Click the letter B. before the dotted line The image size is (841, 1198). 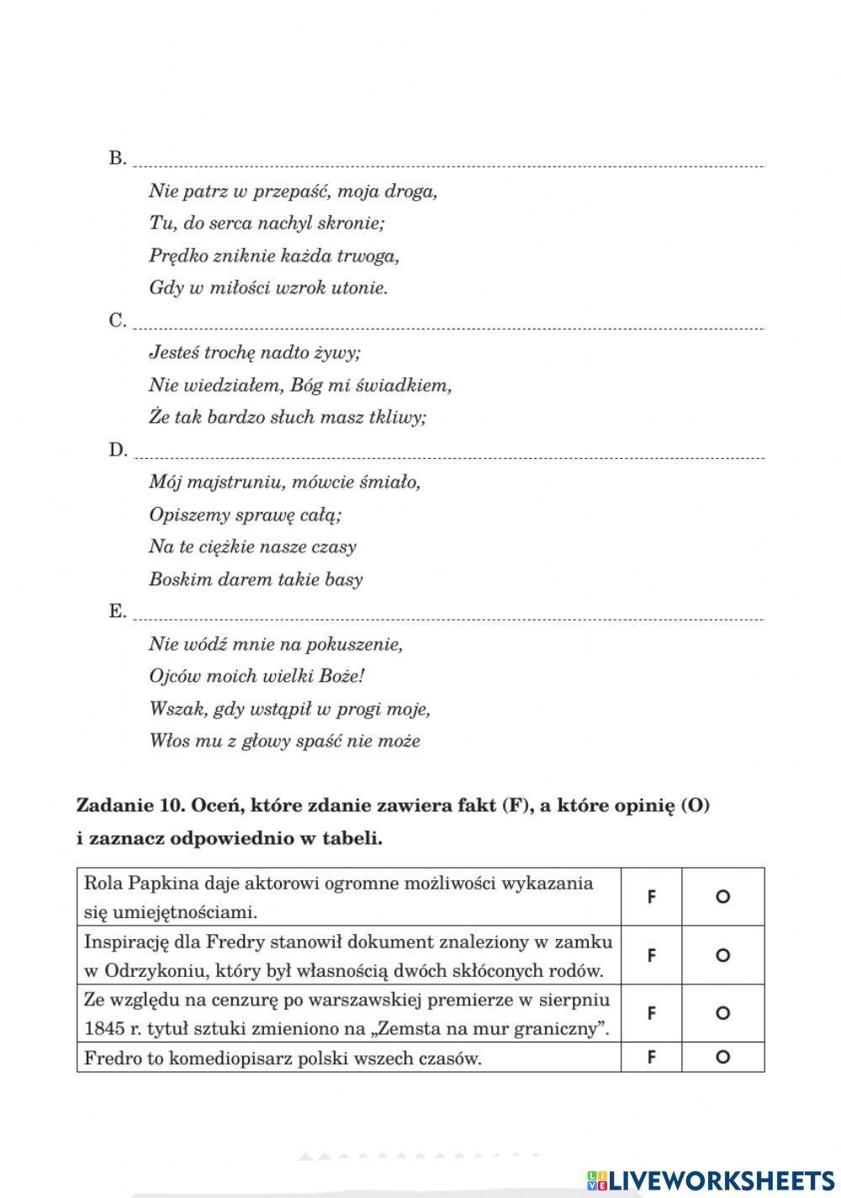pos(118,158)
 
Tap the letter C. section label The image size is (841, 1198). pos(118,320)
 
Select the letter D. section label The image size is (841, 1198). pos(118,450)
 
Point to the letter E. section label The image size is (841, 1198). pos(118,611)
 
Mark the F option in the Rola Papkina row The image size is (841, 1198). pos(651,897)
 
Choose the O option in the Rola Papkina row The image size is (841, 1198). pos(722,897)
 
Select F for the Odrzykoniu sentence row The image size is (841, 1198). pos(651,955)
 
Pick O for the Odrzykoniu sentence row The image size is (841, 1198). pos(722,955)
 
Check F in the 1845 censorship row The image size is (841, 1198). pos(651,1013)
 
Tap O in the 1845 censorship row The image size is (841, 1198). pos(722,1013)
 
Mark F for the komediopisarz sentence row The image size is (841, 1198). pos(651,1058)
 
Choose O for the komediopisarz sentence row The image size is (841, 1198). pos(722,1058)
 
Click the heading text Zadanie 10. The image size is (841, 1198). pos(130,805)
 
